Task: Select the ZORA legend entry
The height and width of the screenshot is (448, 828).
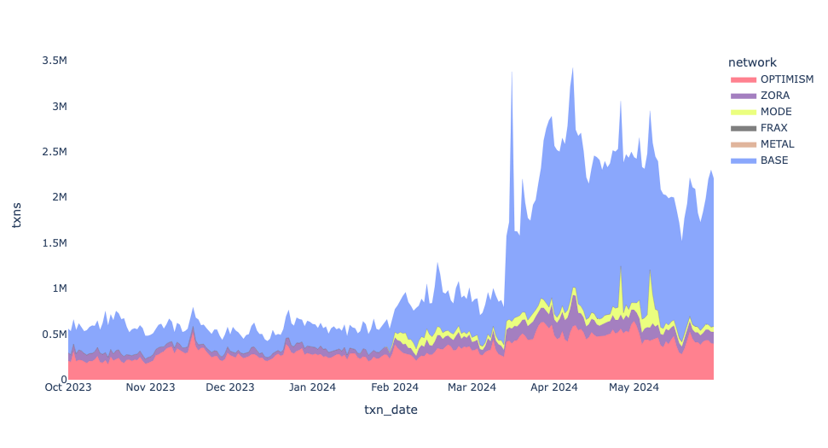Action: pyautogui.click(x=774, y=96)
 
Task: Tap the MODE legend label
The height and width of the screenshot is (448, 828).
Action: pyautogui.click(x=776, y=112)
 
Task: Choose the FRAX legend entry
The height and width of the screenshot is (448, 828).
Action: pyautogui.click(x=774, y=128)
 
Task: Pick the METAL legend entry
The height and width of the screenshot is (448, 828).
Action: pyautogui.click(x=777, y=144)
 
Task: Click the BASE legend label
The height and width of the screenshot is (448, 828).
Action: pyautogui.click(x=774, y=160)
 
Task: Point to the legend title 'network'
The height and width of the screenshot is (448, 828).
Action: pyautogui.click(x=751, y=62)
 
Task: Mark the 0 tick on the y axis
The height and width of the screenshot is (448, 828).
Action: pyautogui.click(x=63, y=380)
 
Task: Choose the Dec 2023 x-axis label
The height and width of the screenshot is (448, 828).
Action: pyautogui.click(x=229, y=387)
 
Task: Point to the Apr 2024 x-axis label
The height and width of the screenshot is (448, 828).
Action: pyautogui.click(x=553, y=387)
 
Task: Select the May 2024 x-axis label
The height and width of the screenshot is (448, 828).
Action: pyautogui.click(x=633, y=387)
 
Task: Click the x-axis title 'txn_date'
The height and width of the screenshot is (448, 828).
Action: pyautogui.click(x=391, y=410)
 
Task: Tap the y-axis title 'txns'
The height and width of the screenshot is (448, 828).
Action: pyautogui.click(x=18, y=220)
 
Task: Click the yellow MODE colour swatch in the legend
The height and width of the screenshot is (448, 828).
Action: pyautogui.click(x=744, y=112)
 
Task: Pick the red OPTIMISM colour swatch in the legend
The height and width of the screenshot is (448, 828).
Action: pyautogui.click(x=744, y=79)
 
